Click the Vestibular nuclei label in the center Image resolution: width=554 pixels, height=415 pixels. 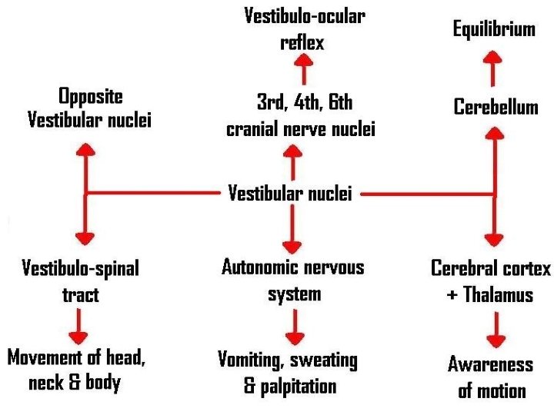click(290, 194)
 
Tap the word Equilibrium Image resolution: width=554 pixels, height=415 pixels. click(492, 30)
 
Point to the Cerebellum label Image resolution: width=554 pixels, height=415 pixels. click(496, 107)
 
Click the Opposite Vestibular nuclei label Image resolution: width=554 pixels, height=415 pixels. click(91, 109)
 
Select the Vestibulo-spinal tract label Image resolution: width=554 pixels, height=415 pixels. click(81, 281)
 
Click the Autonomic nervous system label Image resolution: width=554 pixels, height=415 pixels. click(293, 281)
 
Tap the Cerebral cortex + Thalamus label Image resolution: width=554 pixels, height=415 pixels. click(491, 281)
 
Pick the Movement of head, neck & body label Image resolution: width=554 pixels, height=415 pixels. click(76, 370)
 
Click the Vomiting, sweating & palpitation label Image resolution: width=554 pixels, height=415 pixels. click(288, 373)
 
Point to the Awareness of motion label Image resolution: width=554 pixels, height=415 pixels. click(491, 377)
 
